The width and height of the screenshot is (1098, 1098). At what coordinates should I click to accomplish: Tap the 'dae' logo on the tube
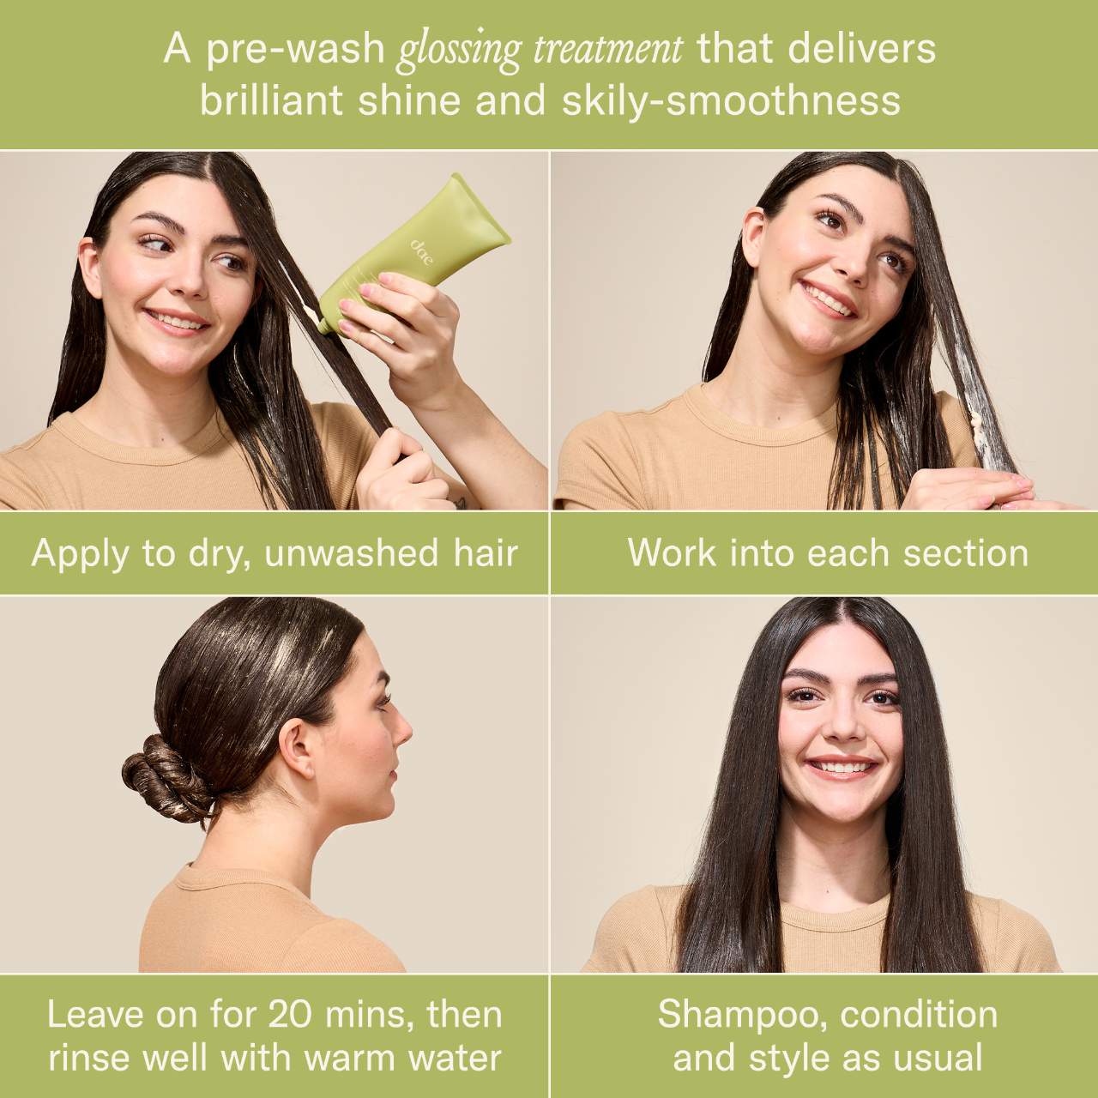click(x=421, y=252)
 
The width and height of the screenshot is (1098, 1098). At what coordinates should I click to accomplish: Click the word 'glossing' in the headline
click(x=459, y=52)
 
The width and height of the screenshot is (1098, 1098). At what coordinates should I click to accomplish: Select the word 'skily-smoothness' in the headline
click(x=731, y=101)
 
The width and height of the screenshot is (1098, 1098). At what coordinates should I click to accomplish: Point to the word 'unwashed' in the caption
click(x=352, y=554)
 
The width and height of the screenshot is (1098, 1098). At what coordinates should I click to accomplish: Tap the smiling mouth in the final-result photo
click(x=843, y=766)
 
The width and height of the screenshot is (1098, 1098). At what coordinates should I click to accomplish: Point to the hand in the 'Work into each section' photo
click(x=968, y=489)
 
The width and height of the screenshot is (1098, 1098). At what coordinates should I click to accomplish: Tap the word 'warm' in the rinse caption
click(x=349, y=1043)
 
